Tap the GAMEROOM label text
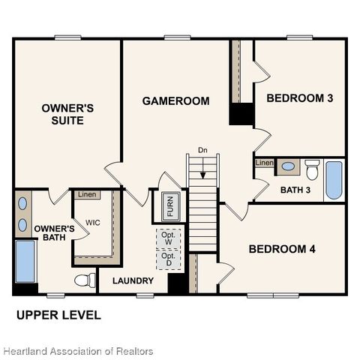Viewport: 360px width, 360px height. pos(175,100)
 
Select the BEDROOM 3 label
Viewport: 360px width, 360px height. pos(300,98)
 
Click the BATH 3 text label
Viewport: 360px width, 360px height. pos(295,190)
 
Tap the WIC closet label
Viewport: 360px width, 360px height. pos(93,223)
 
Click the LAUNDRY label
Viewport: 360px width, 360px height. pos(133,281)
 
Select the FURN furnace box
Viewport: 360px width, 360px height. pos(169,206)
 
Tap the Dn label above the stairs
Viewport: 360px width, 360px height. pos(202,150)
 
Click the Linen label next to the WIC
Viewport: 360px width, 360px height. pos(87,195)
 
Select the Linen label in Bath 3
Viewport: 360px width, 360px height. pos(264,163)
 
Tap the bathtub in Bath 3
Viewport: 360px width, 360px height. pos(334,180)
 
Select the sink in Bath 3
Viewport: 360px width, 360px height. pos(288,166)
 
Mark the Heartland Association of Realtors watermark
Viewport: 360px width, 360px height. pos(77,351)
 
